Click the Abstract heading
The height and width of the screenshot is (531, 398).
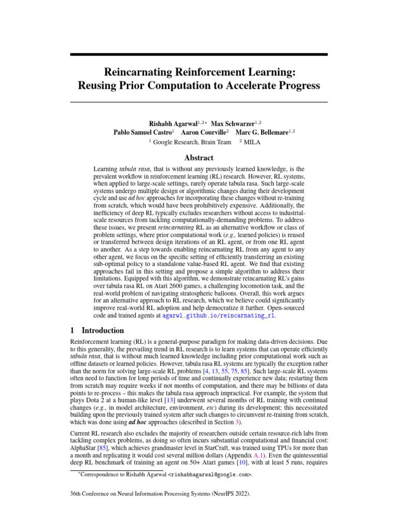click(x=198, y=158)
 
